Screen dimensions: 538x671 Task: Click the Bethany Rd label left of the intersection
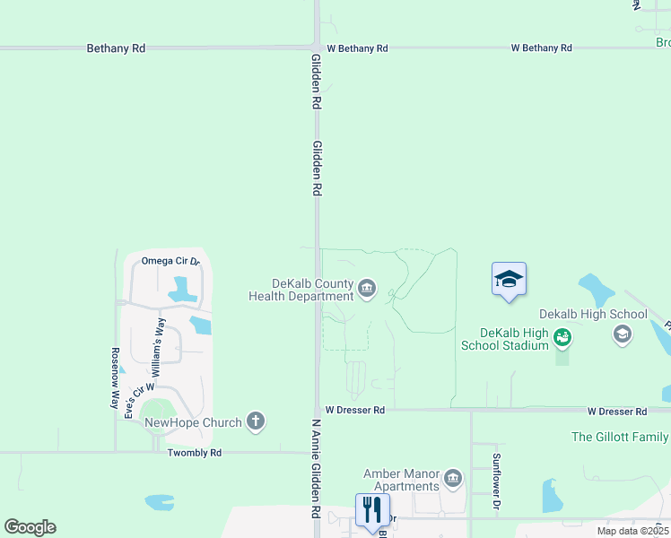click(116, 48)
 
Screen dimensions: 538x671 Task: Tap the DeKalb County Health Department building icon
click(367, 289)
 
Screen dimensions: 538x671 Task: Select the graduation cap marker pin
click(509, 280)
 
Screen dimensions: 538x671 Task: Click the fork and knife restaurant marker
click(372, 511)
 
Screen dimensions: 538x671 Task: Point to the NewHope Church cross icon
click(256, 421)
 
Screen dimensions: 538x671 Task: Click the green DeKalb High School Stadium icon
click(562, 338)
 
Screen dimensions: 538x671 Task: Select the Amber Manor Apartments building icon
click(452, 479)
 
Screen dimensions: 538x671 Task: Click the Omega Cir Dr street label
click(170, 261)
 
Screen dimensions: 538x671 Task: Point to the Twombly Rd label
click(195, 453)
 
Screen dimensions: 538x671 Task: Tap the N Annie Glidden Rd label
click(316, 469)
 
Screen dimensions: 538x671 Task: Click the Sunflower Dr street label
click(495, 482)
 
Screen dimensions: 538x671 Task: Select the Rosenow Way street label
click(115, 378)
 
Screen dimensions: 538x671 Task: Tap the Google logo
click(30, 527)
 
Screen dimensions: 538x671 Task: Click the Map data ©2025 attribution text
click(633, 531)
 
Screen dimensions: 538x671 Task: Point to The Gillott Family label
click(620, 437)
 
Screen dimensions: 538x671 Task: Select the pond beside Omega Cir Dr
click(182, 289)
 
